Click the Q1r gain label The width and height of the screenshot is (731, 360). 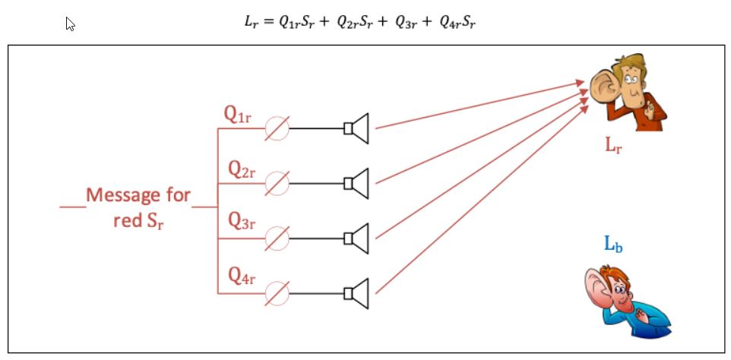[237, 115]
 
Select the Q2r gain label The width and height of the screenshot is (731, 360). [242, 169]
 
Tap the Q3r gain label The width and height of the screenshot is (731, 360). [242, 222]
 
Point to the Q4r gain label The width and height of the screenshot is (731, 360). [242, 276]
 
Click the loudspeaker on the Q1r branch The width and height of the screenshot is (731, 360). [356, 128]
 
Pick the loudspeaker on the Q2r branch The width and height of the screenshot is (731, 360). [356, 184]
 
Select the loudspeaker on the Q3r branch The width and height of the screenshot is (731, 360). [356, 238]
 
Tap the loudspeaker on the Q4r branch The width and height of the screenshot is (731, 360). [356, 293]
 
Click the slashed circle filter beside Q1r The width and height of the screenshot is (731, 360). [277, 128]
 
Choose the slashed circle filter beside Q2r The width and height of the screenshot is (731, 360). [277, 184]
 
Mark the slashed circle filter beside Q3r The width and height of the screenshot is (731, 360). [277, 238]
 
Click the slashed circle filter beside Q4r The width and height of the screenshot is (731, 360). [277, 293]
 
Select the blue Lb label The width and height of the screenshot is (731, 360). [613, 244]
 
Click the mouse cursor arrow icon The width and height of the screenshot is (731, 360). [70, 24]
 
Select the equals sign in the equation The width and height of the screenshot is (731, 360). [267, 23]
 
